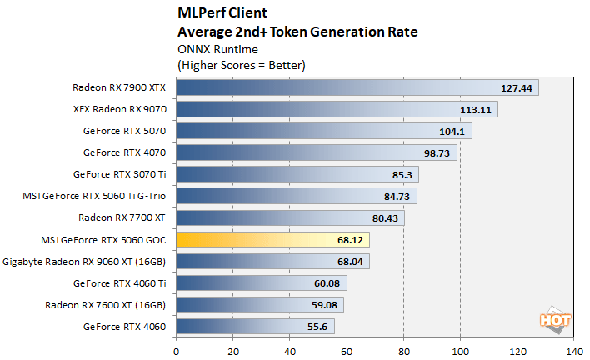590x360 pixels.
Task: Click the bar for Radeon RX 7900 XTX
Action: (x=357, y=87)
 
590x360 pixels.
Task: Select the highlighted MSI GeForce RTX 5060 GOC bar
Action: (x=272, y=239)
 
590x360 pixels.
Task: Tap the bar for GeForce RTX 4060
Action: (x=255, y=326)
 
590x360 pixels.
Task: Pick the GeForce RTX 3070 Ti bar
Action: (x=297, y=174)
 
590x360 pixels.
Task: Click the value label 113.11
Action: (x=477, y=109)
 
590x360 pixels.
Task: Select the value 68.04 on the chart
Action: (x=350, y=261)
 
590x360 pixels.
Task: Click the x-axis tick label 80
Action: (x=403, y=351)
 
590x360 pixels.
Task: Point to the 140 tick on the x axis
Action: (x=573, y=351)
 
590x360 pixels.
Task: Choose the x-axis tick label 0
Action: (x=176, y=351)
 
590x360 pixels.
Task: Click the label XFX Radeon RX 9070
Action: (x=120, y=108)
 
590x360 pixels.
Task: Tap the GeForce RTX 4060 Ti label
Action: (x=125, y=282)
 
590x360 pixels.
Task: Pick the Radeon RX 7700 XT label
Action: (x=122, y=217)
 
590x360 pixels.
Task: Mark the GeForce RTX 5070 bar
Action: (x=324, y=131)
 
